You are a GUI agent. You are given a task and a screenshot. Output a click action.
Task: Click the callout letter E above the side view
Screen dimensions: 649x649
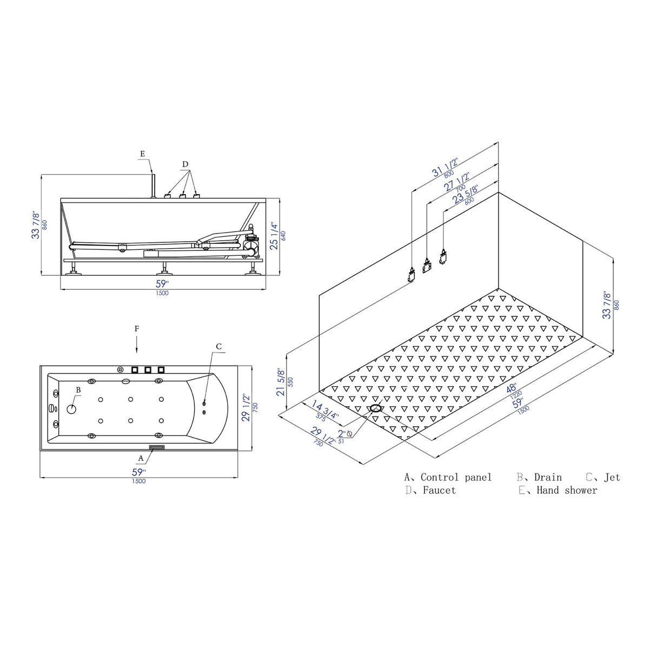[x=142, y=154]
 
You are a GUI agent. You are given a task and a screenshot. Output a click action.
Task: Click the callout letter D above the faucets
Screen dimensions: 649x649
[x=186, y=164]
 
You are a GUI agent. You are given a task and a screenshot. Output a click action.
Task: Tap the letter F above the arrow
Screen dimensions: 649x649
[x=137, y=329]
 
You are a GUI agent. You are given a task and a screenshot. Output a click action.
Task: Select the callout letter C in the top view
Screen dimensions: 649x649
[x=219, y=347]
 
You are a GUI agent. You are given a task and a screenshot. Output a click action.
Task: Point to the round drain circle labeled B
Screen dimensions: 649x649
[x=71, y=409]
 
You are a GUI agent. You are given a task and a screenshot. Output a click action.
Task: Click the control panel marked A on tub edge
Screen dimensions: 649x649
[x=157, y=447]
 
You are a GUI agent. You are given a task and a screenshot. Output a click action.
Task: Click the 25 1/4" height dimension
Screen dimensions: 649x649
[x=275, y=236]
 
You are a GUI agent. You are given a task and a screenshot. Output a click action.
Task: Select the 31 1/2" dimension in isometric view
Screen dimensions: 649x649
[x=445, y=168]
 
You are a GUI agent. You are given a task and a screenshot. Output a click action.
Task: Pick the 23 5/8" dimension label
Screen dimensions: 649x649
[x=465, y=194]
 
